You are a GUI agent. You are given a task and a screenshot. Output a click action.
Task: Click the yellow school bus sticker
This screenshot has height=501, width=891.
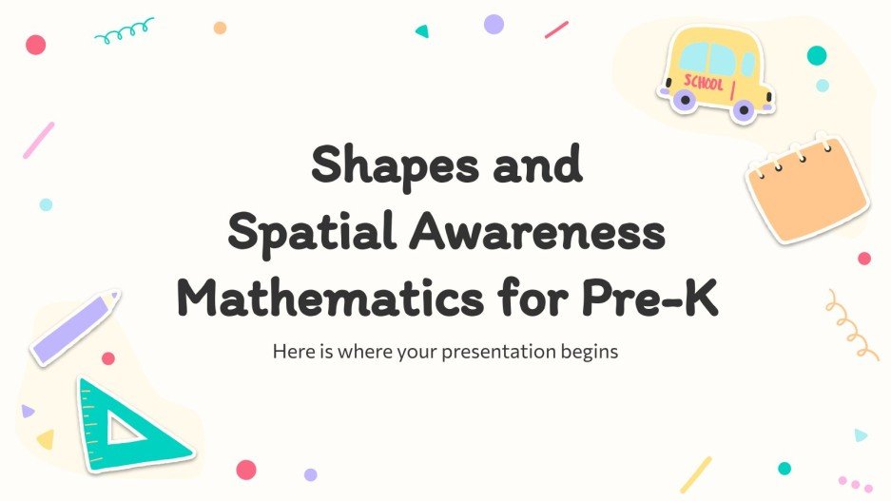coord(712,74)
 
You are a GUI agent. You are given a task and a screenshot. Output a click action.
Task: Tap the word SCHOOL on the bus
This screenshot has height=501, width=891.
coord(704,83)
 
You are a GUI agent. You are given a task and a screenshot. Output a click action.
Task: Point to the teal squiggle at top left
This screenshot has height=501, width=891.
coord(124,32)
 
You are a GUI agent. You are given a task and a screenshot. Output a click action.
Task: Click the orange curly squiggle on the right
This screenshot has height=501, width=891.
coord(849,322)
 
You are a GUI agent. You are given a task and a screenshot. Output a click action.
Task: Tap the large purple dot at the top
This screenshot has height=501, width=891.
coord(494,25)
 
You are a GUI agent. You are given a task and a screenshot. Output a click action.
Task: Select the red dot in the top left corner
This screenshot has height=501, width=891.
coord(35,45)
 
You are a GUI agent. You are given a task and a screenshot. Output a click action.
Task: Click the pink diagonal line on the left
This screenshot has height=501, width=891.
coord(39,140)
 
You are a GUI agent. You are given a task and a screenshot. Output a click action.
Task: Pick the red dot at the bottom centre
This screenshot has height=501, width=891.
coord(246,470)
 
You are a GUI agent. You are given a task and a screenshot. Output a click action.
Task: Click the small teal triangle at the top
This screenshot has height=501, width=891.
coord(421,30)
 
